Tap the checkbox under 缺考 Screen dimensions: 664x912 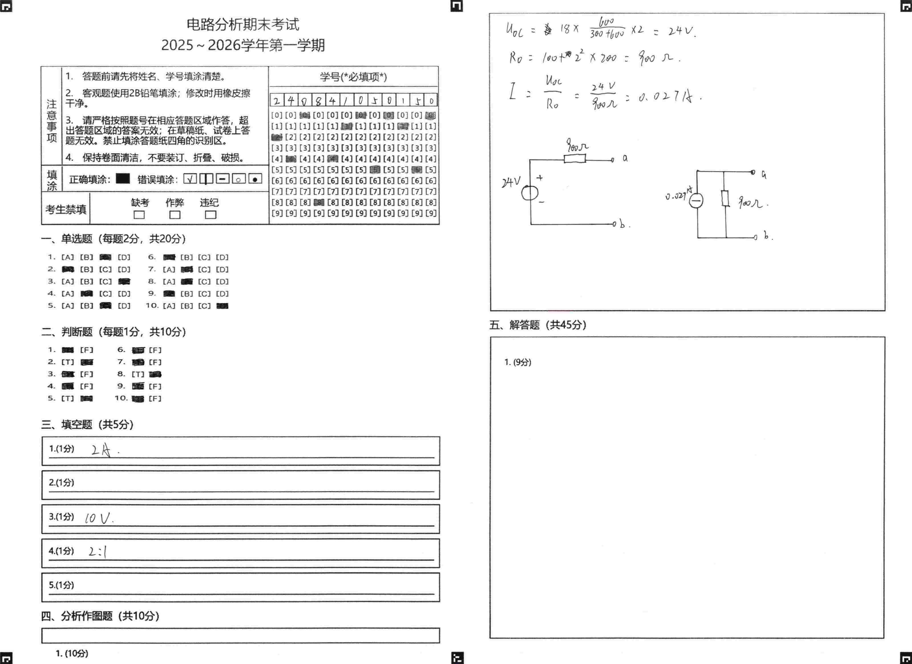[139, 215]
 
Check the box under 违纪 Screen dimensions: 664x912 [210, 215]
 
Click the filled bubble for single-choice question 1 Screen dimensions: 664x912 [105, 257]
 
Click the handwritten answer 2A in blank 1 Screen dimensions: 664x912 [101, 451]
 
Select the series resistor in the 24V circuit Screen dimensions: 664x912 [575, 159]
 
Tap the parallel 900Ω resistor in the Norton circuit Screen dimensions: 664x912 [725, 198]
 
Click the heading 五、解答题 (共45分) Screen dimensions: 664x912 [538, 325]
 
